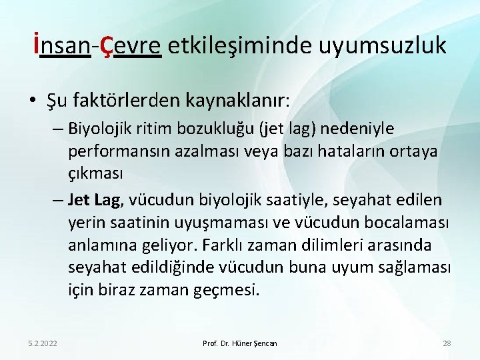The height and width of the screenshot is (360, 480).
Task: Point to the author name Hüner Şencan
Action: coord(256,343)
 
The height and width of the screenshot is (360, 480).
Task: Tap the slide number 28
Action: coord(447,343)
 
